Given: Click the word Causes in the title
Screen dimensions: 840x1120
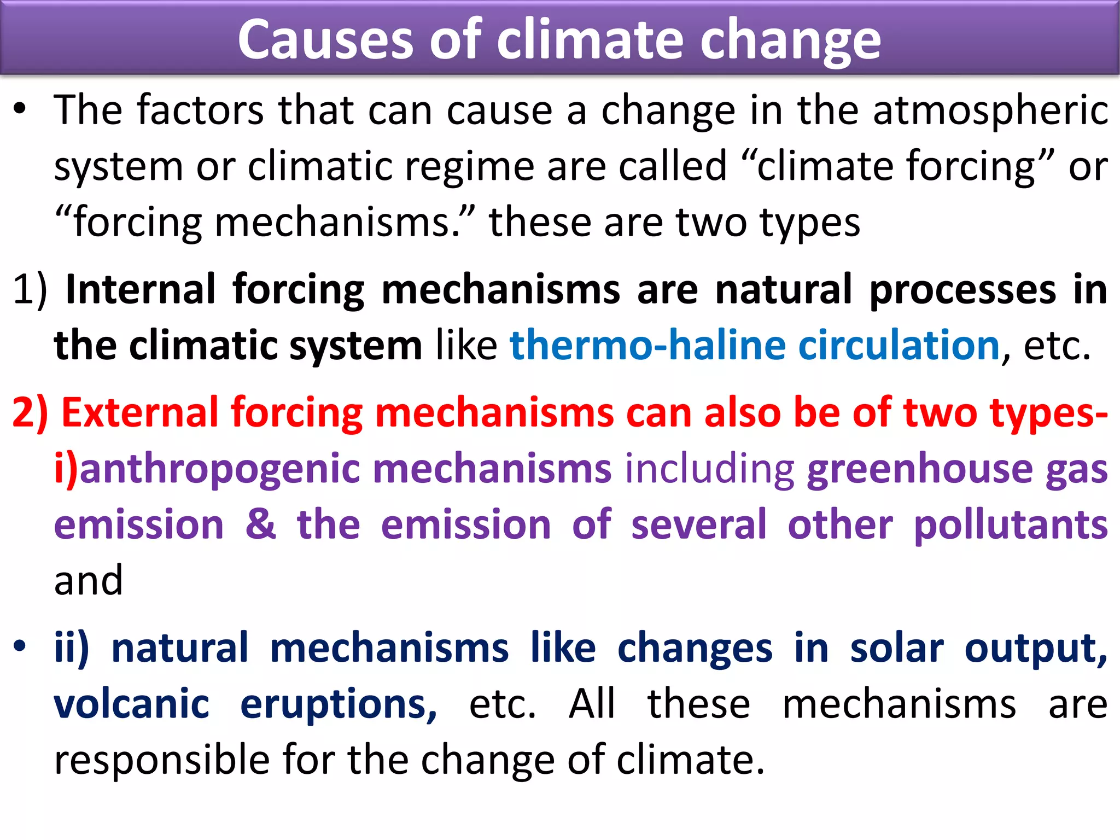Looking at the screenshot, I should pos(326,39).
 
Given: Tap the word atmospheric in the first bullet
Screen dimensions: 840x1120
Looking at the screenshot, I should pos(990,110).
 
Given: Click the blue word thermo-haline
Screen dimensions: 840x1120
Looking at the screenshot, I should pos(647,345).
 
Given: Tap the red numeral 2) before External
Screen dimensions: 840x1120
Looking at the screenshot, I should pos(30,412).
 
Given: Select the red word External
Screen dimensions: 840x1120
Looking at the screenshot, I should pos(139,412).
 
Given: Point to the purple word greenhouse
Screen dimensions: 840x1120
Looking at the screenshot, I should pos(919,469).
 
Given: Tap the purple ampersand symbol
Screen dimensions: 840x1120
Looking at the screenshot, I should pos(260,524).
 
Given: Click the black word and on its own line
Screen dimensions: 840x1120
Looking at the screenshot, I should pos(88,581).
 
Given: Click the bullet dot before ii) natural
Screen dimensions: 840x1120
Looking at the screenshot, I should pos(20,646).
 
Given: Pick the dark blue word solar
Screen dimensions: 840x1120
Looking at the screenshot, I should pos(896,648).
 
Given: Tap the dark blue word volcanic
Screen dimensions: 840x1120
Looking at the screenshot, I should pos(131,704).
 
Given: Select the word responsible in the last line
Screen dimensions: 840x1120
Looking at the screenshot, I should pos(162,760).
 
